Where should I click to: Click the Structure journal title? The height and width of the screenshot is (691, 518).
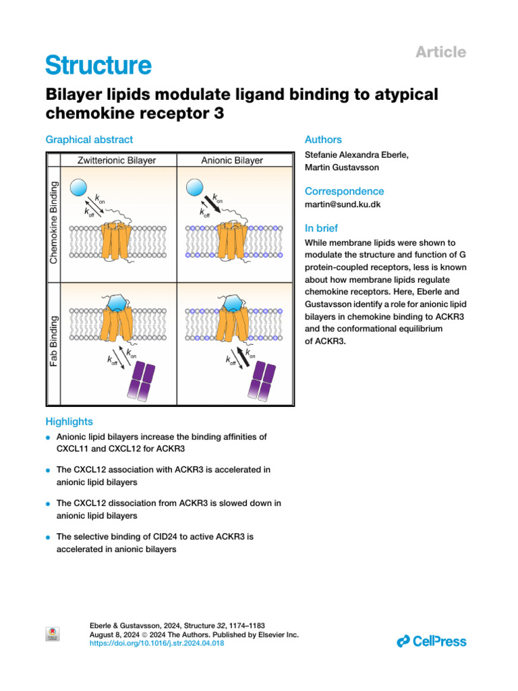98,65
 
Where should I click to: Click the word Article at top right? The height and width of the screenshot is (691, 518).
441,52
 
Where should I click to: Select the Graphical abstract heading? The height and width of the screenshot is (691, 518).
89,140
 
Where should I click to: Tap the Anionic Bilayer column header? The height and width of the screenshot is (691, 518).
232,161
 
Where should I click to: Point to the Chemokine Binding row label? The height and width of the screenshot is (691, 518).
55,222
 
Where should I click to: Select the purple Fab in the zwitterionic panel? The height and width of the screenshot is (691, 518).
141,382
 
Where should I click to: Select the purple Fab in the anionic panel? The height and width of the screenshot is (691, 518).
261,382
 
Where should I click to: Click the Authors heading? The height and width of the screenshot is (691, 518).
323,140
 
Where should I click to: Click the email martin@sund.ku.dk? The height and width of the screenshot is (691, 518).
343,204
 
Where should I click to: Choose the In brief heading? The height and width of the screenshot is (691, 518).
322,228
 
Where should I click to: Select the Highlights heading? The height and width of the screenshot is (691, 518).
69,421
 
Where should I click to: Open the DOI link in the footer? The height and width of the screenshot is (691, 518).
156,644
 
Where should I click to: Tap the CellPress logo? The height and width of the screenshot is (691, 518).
432,640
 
